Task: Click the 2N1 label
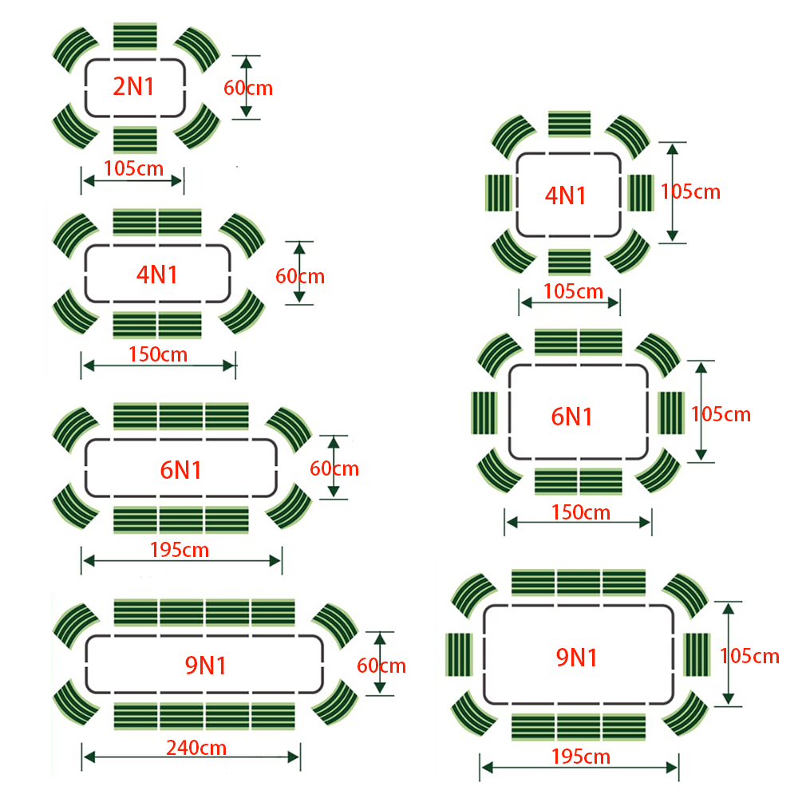point(134,86)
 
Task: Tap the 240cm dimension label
point(196,748)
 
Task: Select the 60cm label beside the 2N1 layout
point(248,87)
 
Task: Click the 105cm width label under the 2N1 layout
point(134,168)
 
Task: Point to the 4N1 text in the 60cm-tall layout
point(157,275)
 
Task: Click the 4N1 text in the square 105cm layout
point(567,196)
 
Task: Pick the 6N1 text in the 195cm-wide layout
point(181,470)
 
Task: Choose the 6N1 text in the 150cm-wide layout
point(572,416)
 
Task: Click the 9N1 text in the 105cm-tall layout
point(577,657)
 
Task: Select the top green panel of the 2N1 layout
point(135,37)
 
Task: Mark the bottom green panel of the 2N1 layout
point(135,139)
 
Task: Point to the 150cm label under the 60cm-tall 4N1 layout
point(158,354)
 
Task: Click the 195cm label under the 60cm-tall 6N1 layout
point(180,550)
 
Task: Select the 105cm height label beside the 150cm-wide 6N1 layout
point(721,414)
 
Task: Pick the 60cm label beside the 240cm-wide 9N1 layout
point(381,665)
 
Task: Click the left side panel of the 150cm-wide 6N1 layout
point(484,413)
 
